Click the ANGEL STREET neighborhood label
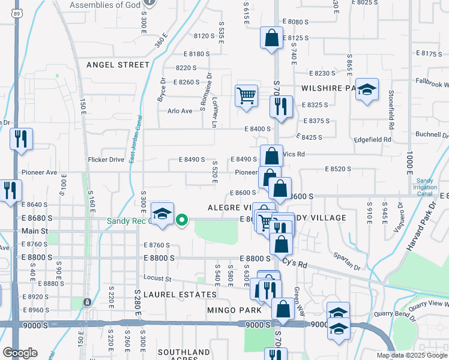click(118, 65)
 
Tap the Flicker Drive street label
click(106, 160)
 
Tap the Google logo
click(19, 353)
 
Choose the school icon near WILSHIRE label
click(367, 90)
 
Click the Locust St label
click(157, 278)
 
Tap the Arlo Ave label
click(179, 111)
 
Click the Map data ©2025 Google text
click(411, 355)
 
